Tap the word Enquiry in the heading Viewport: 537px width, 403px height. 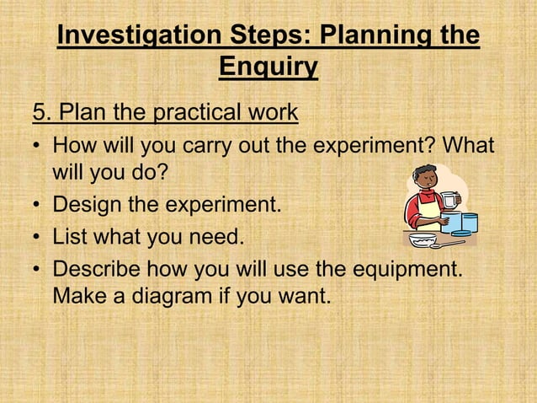pyautogui.click(x=268, y=67)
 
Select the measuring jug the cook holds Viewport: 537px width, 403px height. pyautogui.click(x=450, y=201)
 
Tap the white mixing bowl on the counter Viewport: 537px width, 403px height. pyautogui.click(x=423, y=239)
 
